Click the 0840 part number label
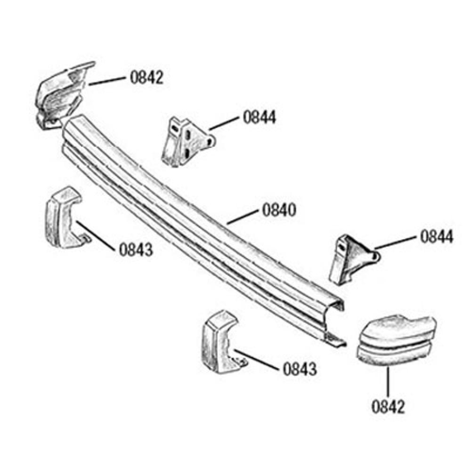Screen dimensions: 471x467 (279, 210)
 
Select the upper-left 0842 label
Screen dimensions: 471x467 (147, 77)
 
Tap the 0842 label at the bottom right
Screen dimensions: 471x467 (389, 406)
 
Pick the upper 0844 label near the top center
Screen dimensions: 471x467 (260, 117)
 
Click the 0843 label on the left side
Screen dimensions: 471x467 (136, 250)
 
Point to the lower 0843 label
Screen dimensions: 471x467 (300, 369)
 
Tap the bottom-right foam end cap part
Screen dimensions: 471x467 (397, 340)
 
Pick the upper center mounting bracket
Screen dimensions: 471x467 (187, 141)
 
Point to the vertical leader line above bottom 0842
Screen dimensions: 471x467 (388, 381)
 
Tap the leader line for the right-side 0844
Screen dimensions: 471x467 (396, 242)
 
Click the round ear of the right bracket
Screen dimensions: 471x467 (375, 256)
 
